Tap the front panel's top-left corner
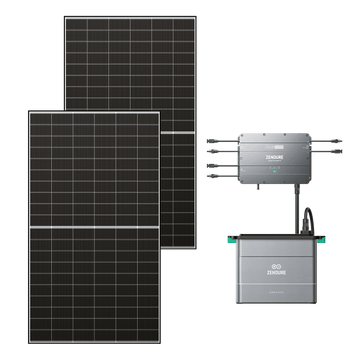pyautogui.click(x=31, y=112)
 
